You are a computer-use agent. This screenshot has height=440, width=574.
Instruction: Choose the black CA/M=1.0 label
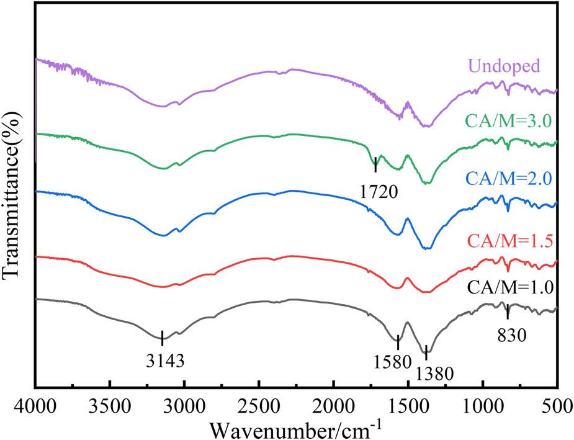[520, 287]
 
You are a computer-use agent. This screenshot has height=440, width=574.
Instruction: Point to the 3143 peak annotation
[163, 359]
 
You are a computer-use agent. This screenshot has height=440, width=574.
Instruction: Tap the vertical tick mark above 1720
[375, 164]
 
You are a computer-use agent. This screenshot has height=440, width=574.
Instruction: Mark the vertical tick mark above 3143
[162, 338]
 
